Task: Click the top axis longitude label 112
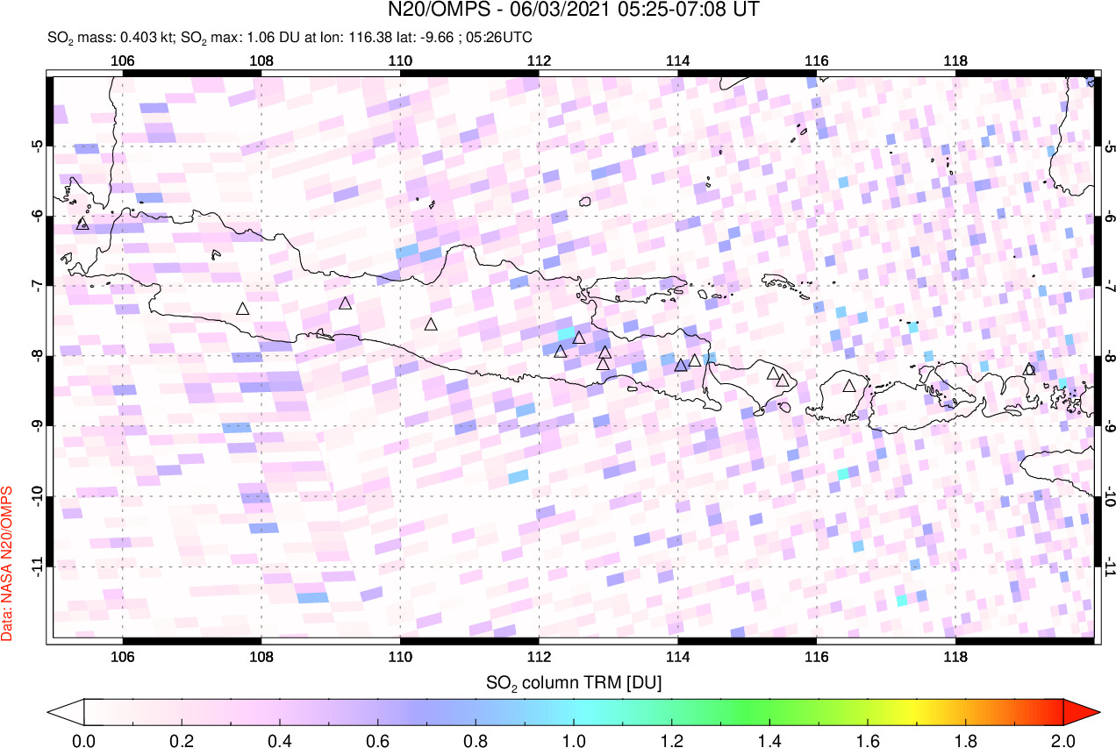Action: (x=538, y=61)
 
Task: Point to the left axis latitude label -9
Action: (x=38, y=426)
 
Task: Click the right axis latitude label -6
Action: (x=1107, y=216)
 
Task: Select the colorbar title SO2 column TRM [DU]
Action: (x=574, y=681)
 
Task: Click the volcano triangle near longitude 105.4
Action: (x=82, y=224)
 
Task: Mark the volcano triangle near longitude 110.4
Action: (x=431, y=324)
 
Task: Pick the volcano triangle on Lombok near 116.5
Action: (x=848, y=386)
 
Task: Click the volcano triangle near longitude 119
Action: (x=1029, y=369)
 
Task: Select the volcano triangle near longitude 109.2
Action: (x=345, y=303)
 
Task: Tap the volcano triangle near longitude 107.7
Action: (x=243, y=309)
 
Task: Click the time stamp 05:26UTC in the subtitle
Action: (x=502, y=38)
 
